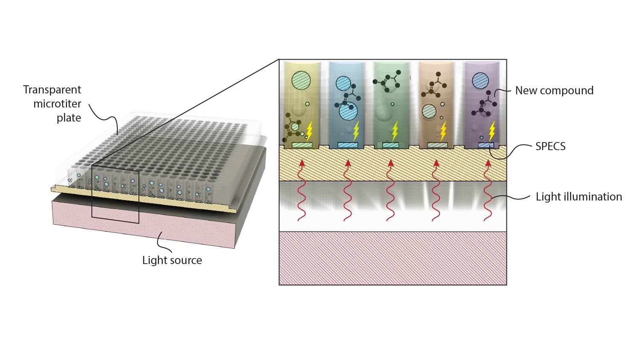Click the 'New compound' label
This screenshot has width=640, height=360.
coord(554,90)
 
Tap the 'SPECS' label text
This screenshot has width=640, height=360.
coord(550,146)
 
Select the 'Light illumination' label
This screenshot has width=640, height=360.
coord(579,197)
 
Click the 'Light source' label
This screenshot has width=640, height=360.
coord(172,260)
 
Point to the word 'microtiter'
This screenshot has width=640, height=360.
coord(57,104)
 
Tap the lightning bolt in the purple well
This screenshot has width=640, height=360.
coord(492,131)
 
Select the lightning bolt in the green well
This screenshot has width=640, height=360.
coord(395,131)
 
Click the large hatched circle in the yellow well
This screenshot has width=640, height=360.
coord(301,80)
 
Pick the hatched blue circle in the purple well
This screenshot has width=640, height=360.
coord(481,80)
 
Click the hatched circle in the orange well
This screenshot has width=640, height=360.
coord(429,111)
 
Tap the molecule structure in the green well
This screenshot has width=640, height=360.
coord(387,81)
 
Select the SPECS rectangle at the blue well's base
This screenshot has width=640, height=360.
coord(347,145)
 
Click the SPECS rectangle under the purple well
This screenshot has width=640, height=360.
coord(486,145)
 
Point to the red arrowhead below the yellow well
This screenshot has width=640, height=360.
coord(302,163)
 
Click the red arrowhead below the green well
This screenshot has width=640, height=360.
coord(390,163)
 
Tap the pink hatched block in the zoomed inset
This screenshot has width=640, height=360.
coord(393,258)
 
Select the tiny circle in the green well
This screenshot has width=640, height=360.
coord(392,104)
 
